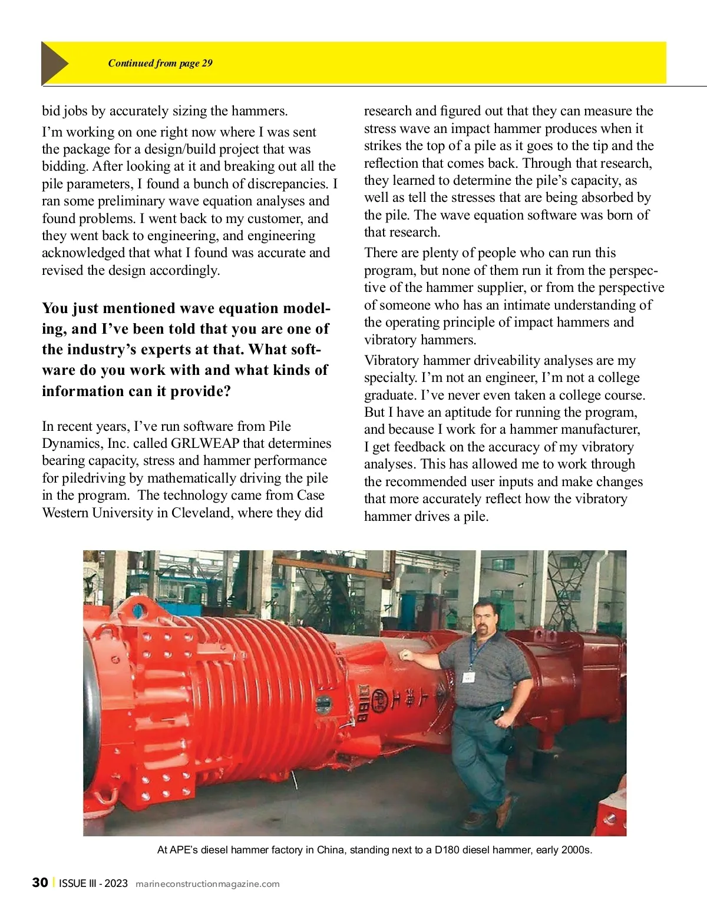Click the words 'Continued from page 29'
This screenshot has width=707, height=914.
point(160,64)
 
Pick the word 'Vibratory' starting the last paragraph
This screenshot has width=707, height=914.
point(391,360)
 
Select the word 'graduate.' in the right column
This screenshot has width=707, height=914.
point(390,395)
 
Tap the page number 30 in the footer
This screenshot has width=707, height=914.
point(40,883)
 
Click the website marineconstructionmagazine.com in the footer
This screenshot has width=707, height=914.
point(207,884)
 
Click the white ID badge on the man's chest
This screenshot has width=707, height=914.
point(469,677)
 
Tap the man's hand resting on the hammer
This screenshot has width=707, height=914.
point(405,654)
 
